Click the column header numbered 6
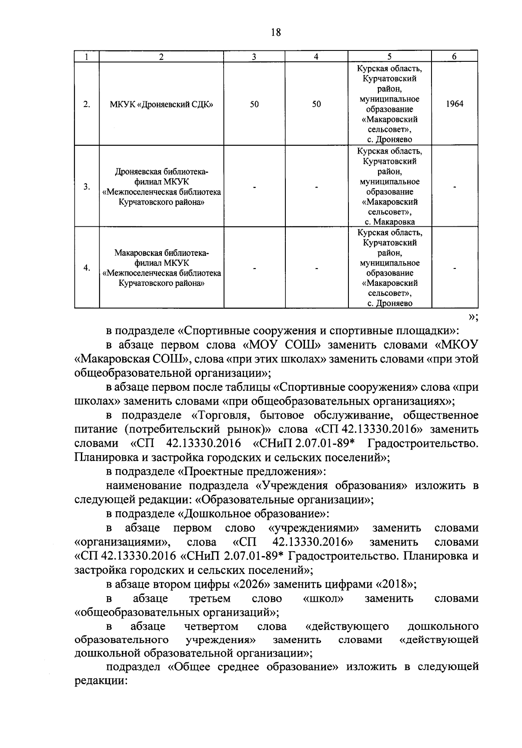coord(454,57)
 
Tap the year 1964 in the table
coord(455,104)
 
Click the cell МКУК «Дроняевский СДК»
coord(161,104)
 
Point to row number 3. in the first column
coord(87,187)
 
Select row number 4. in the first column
coord(87,268)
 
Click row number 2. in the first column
coord(87,104)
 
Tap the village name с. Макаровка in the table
coord(390,222)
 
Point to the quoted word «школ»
coord(323,598)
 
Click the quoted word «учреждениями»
coord(314,528)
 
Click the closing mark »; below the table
coord(472,316)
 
